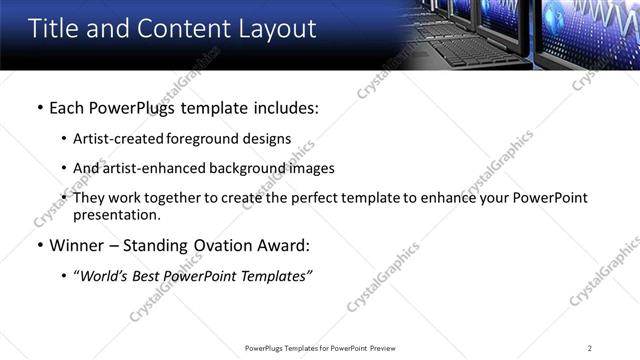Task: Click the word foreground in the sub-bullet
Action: (206, 139)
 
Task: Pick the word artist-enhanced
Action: (152, 168)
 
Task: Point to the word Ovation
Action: (225, 246)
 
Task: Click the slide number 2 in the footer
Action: (590, 348)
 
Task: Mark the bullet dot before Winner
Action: (38, 246)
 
